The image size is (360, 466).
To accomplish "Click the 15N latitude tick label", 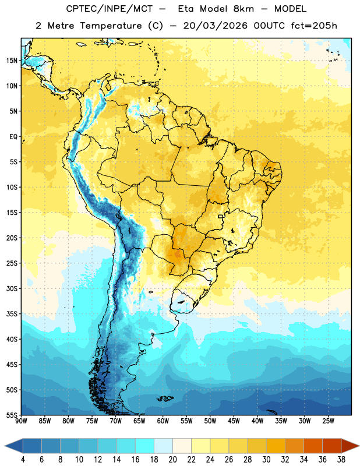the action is tap(12, 61).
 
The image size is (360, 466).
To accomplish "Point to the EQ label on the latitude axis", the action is tap(13, 137).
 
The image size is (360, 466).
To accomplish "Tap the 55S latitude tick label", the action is tap(12, 415).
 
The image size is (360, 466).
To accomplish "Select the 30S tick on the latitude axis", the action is tap(12, 288).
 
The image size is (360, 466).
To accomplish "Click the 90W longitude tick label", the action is tap(21, 421).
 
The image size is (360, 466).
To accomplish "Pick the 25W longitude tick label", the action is tap(328, 421).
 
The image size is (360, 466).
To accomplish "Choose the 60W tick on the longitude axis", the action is tap(163, 421).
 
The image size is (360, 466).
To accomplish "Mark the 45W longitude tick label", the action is tap(234, 421).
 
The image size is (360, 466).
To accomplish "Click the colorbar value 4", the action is tap(23, 460).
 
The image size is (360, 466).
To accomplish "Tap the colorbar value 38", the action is tap(341, 460).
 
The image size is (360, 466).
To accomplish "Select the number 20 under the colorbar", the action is tap(172, 460).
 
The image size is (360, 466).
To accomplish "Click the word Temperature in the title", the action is tap(111, 26).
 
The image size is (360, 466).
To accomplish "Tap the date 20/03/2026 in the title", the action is tap(216, 26).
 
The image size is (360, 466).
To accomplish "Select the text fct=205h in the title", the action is tap(314, 26).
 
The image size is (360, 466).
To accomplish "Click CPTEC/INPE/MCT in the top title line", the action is tap(109, 9).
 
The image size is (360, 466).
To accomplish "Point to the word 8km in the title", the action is tap(243, 9).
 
